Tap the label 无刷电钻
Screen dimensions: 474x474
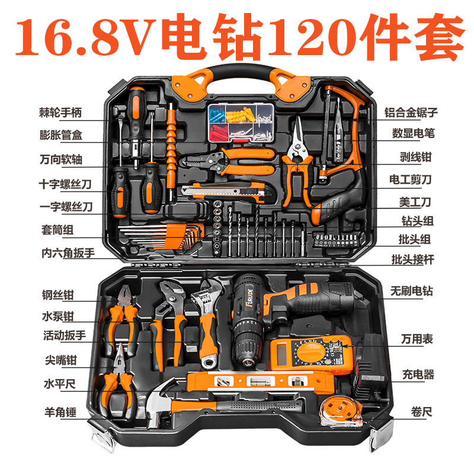coord(411,291)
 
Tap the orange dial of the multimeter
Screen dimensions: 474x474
coord(310,355)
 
